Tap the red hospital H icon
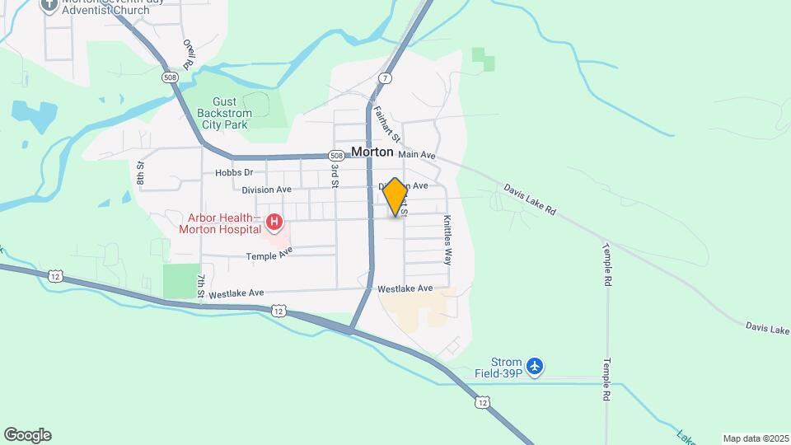pyautogui.click(x=274, y=222)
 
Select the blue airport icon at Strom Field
pyautogui.click(x=536, y=365)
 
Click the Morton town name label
pyautogui.click(x=372, y=152)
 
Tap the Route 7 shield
pyautogui.click(x=385, y=77)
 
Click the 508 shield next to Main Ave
pyautogui.click(x=335, y=155)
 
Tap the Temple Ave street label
pyautogui.click(x=269, y=256)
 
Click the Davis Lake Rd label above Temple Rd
pyautogui.click(x=531, y=200)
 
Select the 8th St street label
pyautogui.click(x=141, y=174)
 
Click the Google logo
pyautogui.click(x=27, y=435)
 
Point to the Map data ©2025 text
pyautogui.click(x=755, y=438)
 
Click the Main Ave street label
pyautogui.click(x=416, y=154)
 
